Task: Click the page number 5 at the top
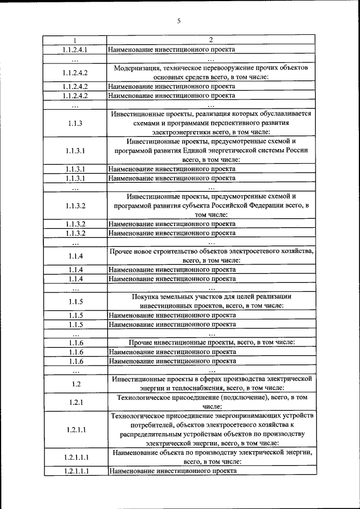[x=179, y=21]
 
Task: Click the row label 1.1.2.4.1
[x=75, y=49]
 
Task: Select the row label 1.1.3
[x=75, y=123]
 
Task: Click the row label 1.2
[x=75, y=384]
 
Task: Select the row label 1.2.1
[x=75, y=402]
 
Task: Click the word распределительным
[x=150, y=434]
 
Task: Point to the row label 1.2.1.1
[x=75, y=430]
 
